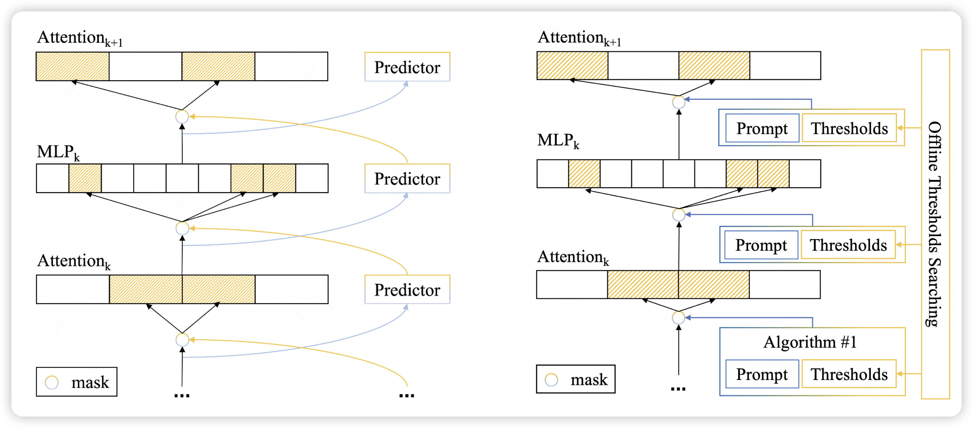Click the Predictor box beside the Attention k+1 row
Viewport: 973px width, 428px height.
[x=407, y=67]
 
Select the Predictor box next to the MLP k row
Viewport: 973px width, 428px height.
[x=407, y=178]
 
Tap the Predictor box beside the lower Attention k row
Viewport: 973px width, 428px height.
[x=407, y=289]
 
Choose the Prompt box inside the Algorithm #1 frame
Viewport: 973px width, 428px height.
[x=762, y=374]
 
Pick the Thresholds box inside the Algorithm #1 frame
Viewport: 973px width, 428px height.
[x=849, y=374]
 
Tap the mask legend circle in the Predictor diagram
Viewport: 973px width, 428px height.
[x=52, y=382]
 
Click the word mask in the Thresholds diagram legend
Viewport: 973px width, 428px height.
[x=589, y=379]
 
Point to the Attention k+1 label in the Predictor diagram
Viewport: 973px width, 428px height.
[x=80, y=38]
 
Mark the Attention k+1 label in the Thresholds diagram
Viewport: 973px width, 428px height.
[x=579, y=38]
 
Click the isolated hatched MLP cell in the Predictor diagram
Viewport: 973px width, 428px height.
[x=85, y=178]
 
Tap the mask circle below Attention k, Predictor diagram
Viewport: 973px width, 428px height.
[x=182, y=340]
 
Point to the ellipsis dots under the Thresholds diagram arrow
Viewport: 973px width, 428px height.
[x=678, y=389]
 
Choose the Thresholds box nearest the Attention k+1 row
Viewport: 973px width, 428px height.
[x=849, y=128]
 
